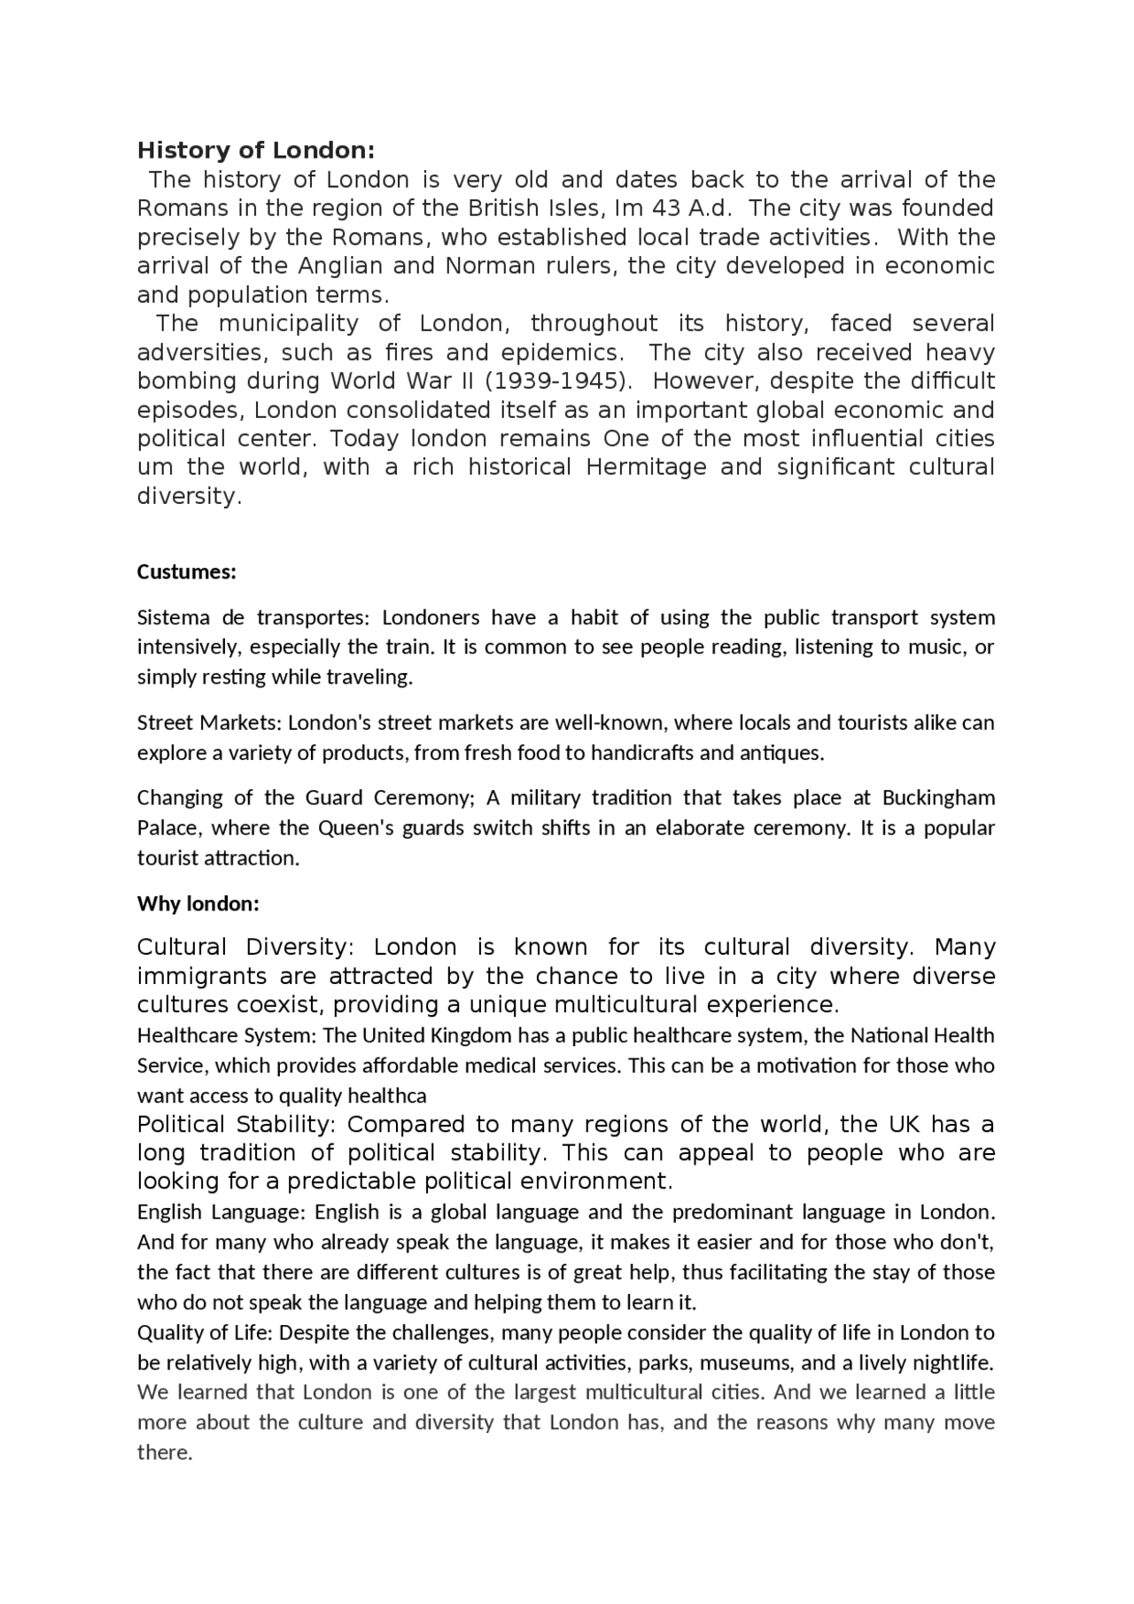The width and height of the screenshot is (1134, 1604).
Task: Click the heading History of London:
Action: click(256, 150)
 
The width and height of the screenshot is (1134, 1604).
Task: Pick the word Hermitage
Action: click(646, 467)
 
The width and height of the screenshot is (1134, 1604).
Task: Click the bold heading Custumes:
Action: click(186, 572)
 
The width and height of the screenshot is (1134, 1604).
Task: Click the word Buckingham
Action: click(938, 798)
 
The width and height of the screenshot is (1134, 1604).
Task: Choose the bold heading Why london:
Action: click(198, 904)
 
